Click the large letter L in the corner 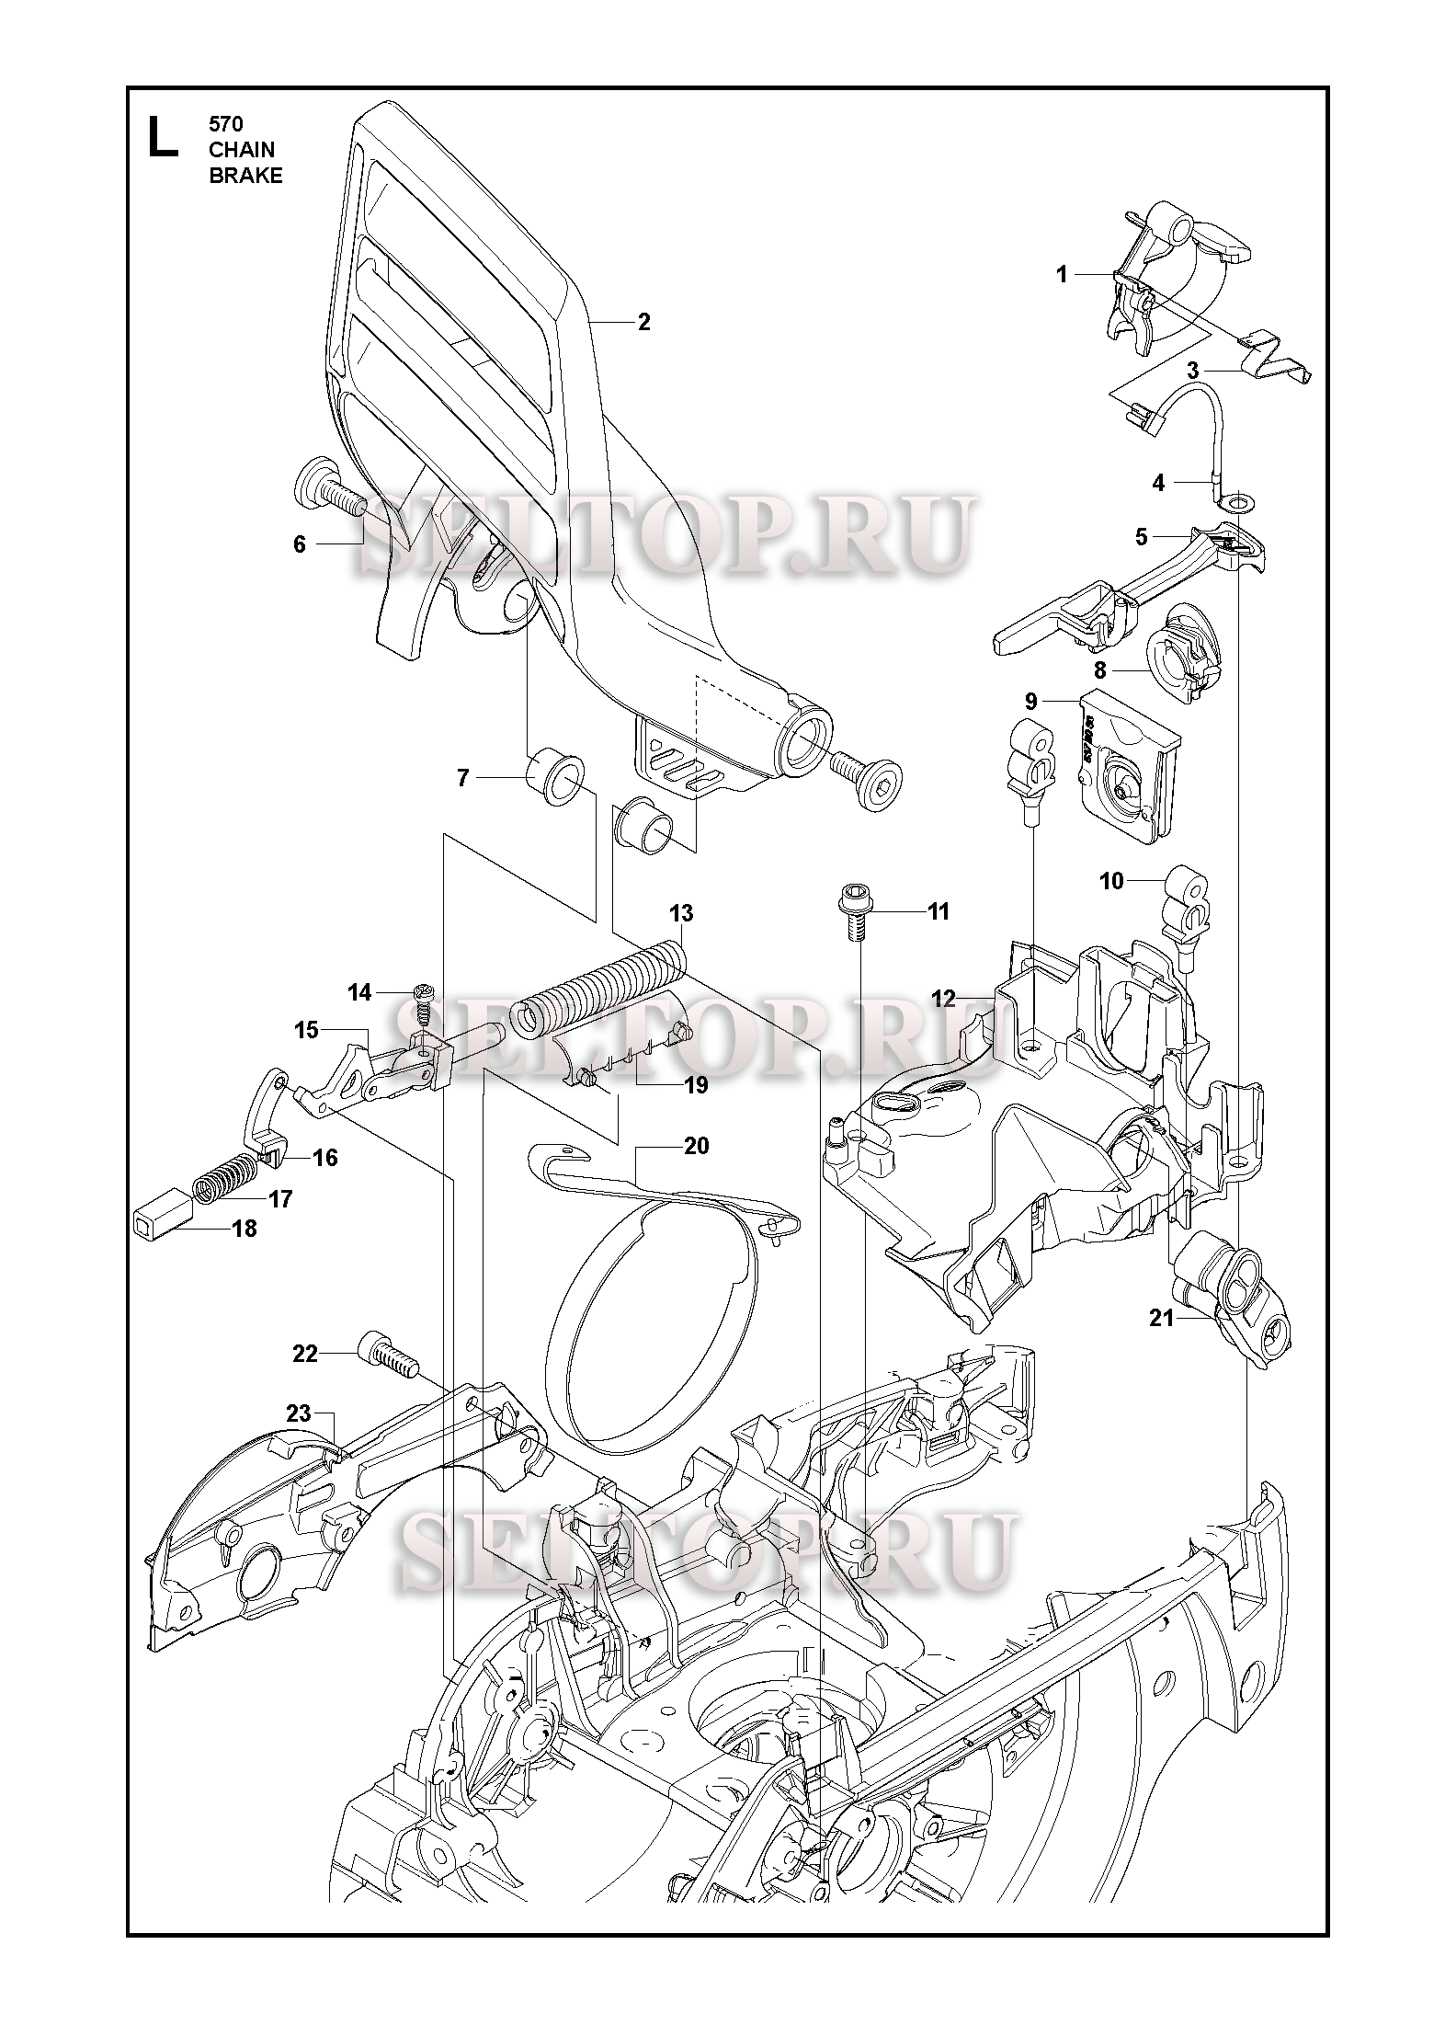tap(164, 137)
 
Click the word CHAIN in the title tap(242, 150)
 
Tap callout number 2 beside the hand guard tap(643, 322)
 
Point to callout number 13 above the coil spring tap(681, 913)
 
